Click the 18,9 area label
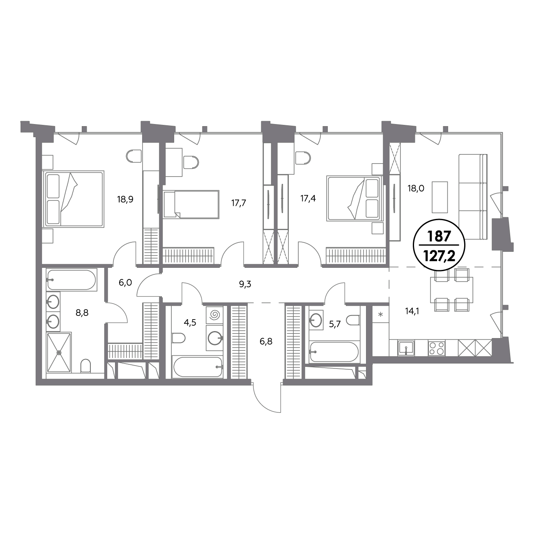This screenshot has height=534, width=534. point(125,199)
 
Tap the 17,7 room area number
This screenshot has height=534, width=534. point(239,203)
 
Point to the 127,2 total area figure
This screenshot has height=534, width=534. point(439,258)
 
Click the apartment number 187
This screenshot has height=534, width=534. point(439,237)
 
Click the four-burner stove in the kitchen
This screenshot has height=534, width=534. point(437,348)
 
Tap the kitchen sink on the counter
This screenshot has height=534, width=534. point(406,348)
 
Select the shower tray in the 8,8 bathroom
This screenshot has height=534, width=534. point(59,352)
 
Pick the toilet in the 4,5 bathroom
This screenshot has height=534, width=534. point(178,338)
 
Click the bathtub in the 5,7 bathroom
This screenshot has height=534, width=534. point(334,352)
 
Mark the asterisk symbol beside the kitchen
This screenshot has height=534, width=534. point(381,314)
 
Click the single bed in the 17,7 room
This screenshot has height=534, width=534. point(191,204)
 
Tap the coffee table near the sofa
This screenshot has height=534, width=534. point(440,197)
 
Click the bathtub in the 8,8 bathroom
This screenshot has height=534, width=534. point(71,280)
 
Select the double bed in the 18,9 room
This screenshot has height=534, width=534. point(73,199)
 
